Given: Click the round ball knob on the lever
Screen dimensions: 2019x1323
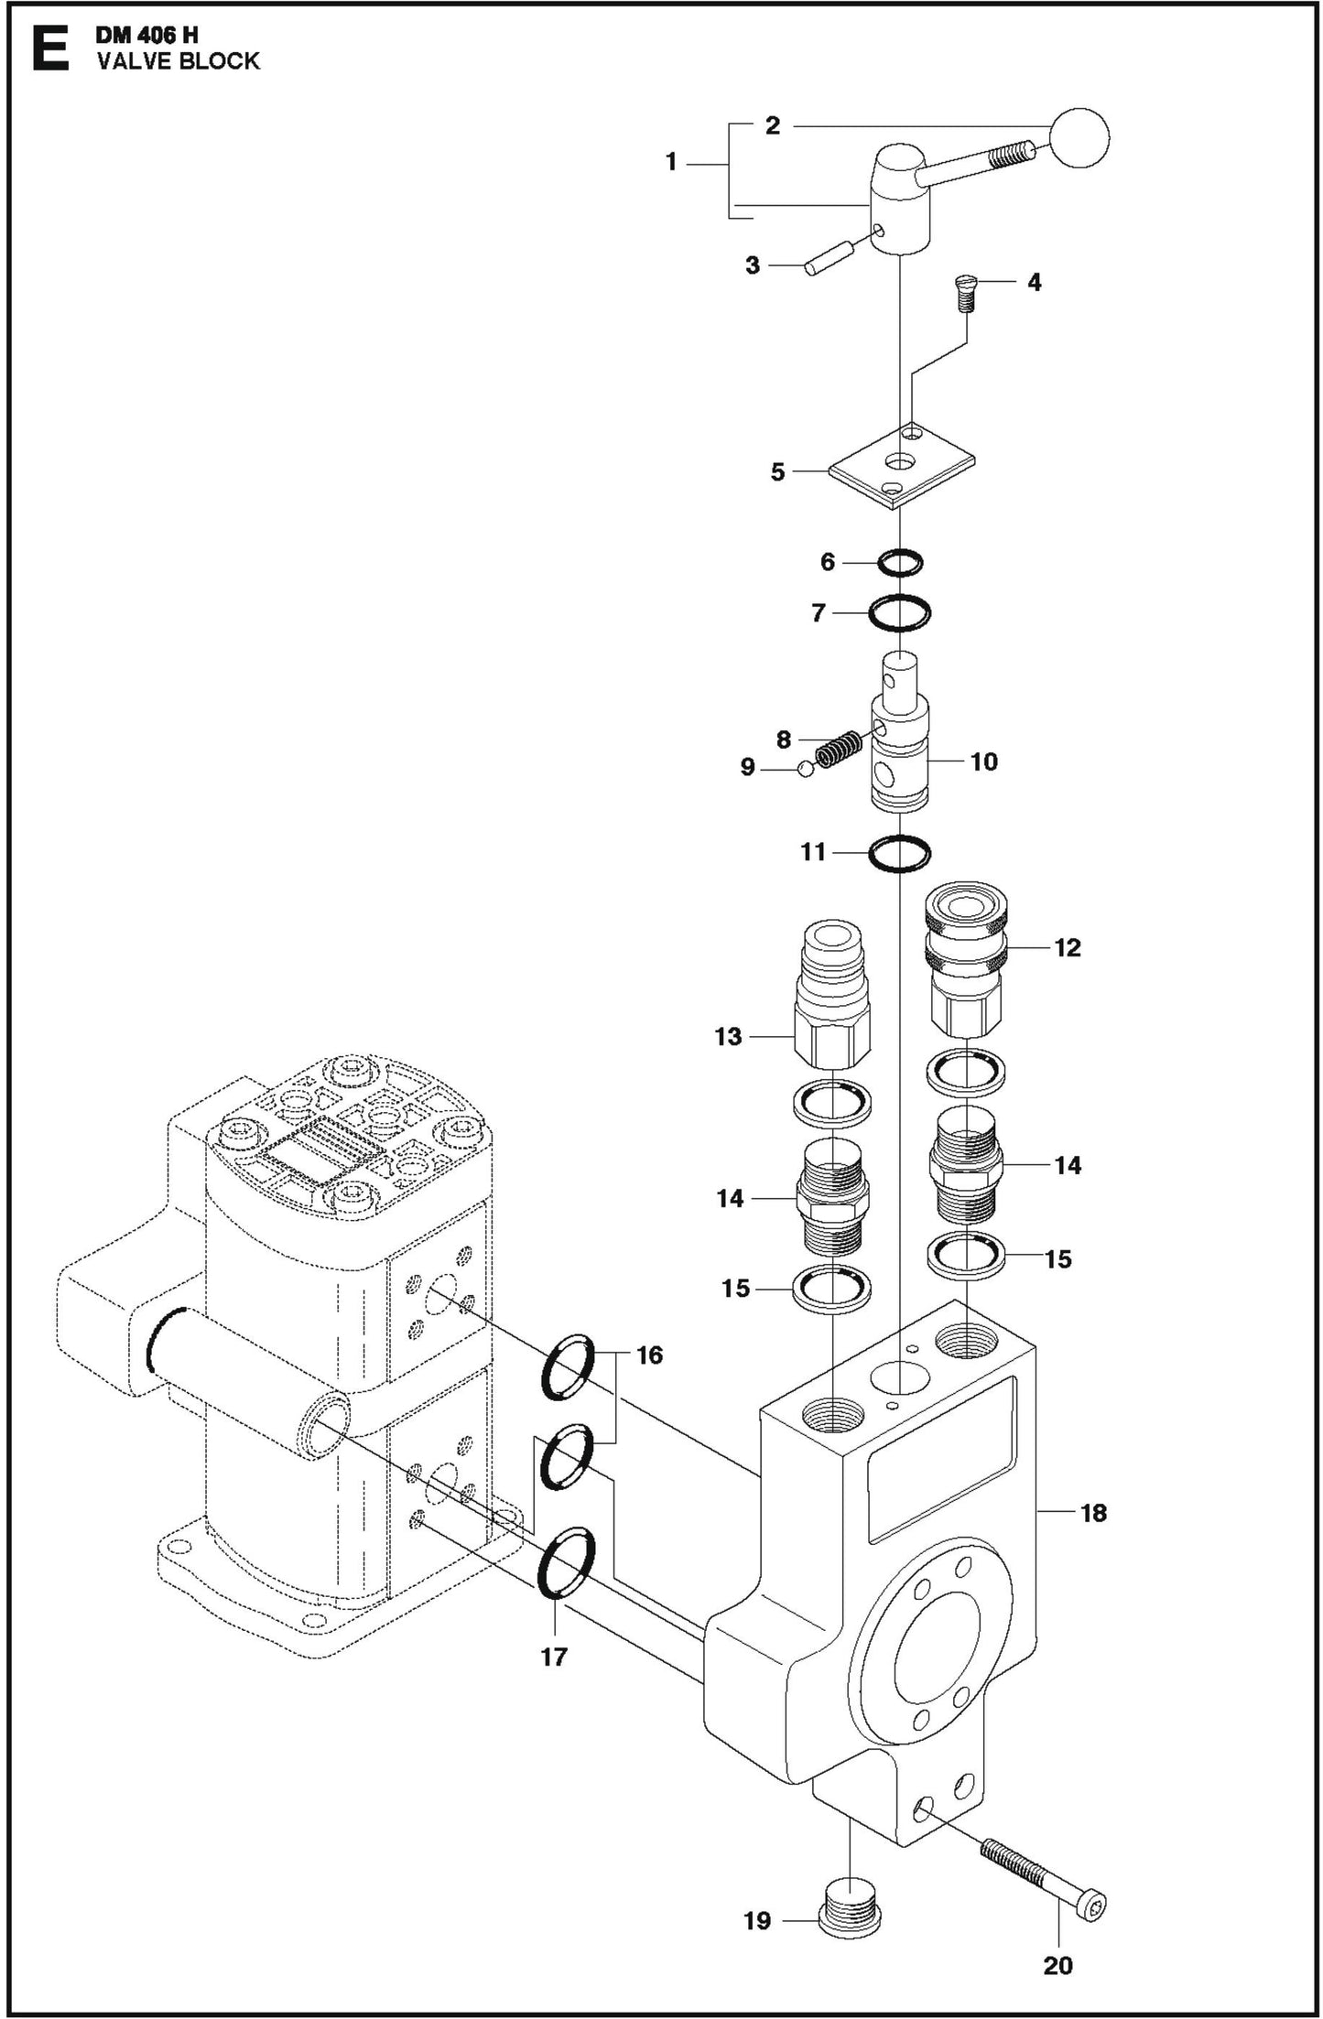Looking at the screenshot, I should (1078, 138).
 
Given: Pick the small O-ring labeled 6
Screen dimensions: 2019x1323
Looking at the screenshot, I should (900, 563).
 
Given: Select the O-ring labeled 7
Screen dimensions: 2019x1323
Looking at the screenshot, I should (900, 611).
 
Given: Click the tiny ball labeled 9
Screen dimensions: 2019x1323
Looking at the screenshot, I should (805, 768).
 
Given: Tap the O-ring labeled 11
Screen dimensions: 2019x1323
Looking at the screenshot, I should (900, 853).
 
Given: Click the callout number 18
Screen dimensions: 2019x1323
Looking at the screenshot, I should (1093, 1512).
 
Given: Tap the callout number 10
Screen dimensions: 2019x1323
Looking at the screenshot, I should (983, 761).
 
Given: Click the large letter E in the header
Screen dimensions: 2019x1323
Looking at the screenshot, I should (49, 49).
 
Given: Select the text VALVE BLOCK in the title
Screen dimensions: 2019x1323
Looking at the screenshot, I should (179, 61).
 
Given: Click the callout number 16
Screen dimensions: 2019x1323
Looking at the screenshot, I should (648, 1354).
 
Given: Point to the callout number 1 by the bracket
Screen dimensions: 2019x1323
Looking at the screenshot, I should (670, 163).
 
